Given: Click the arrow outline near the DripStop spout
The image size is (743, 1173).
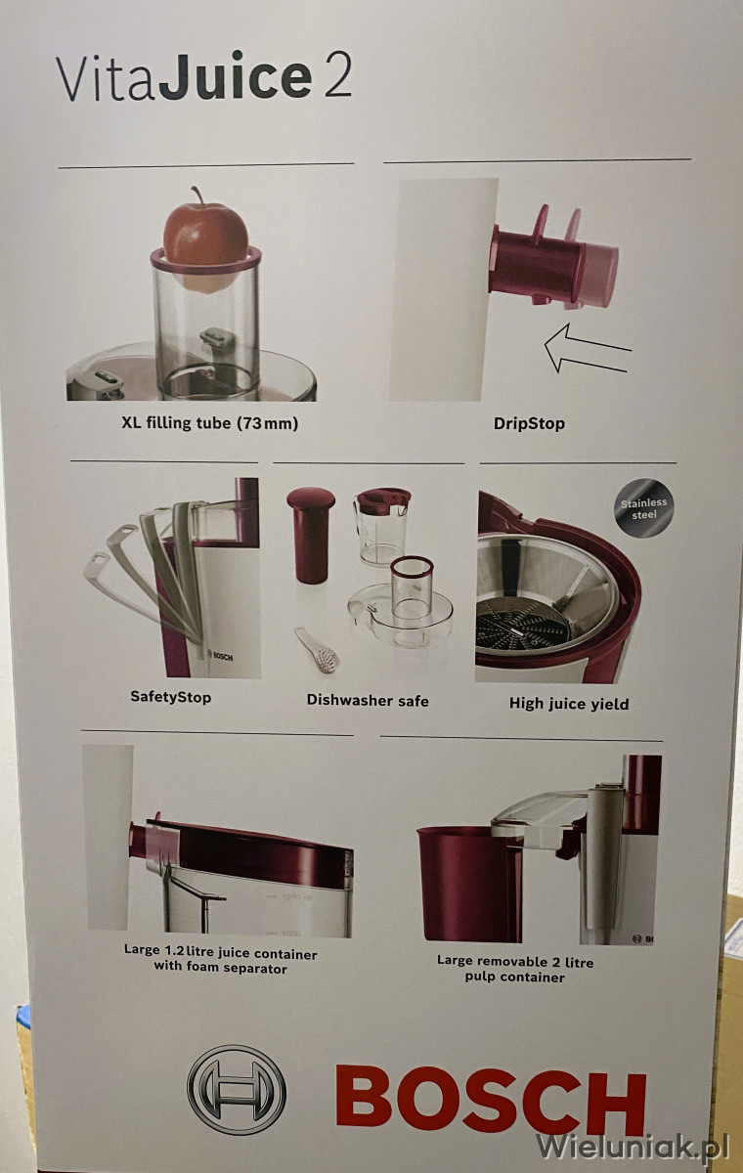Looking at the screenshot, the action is (x=588, y=348).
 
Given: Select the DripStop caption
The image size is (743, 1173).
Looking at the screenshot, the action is (x=529, y=423).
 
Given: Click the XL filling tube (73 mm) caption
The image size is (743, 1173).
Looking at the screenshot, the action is (x=210, y=422).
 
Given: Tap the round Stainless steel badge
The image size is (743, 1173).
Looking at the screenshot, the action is (x=643, y=508).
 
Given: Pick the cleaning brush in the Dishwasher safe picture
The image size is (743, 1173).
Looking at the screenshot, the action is (x=318, y=651).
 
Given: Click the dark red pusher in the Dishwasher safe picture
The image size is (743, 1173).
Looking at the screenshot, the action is (x=311, y=535).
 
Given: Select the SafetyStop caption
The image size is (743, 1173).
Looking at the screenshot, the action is (x=171, y=697).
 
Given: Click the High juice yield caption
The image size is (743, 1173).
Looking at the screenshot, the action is (x=569, y=703).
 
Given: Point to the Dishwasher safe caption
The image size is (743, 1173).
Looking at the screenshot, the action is (x=368, y=700).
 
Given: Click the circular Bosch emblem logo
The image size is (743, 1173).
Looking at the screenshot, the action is (x=237, y=1090).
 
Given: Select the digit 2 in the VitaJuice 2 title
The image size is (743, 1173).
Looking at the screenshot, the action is (x=337, y=76).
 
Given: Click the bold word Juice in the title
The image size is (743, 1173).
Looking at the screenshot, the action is (x=235, y=75).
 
